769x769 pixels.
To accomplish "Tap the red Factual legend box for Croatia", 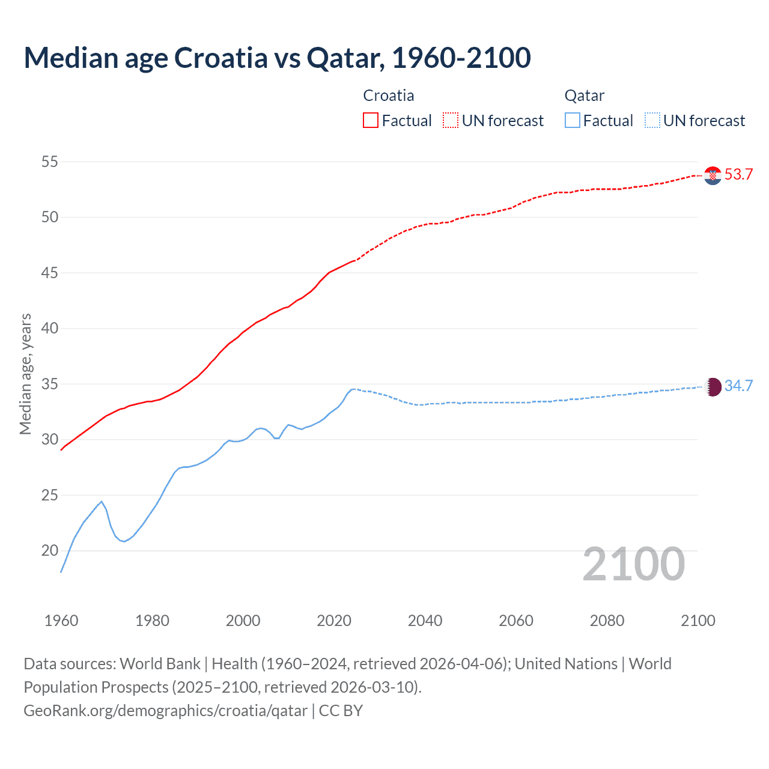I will pos(371,120).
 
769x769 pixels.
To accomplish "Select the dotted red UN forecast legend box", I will pos(451,120).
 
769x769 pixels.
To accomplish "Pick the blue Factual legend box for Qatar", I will pos(573,120).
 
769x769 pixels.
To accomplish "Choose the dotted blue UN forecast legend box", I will pos(652,120).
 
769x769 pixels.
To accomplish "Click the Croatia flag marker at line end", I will pos(713,175).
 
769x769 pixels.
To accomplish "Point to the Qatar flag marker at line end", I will pos(713,386).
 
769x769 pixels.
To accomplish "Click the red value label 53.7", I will pos(738,175).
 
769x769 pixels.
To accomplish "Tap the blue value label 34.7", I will pos(738,386).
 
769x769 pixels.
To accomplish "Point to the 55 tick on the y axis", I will pos(50,162).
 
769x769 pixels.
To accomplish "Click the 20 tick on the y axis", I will pos(50,550).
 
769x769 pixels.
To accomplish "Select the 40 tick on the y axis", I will pos(50,328).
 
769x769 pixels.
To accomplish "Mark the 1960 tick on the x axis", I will pos(61,621).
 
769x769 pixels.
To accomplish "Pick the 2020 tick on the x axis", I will pos(334,621).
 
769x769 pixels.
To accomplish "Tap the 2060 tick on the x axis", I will pos(516,621).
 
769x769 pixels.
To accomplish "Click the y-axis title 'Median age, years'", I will pos(25,374).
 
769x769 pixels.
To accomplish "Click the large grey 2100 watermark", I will pos(634,564).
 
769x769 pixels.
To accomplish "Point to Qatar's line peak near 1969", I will pos(102,502).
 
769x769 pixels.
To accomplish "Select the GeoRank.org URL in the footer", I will pos(165,711).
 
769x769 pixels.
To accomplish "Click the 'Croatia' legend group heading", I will pos(389,96).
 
